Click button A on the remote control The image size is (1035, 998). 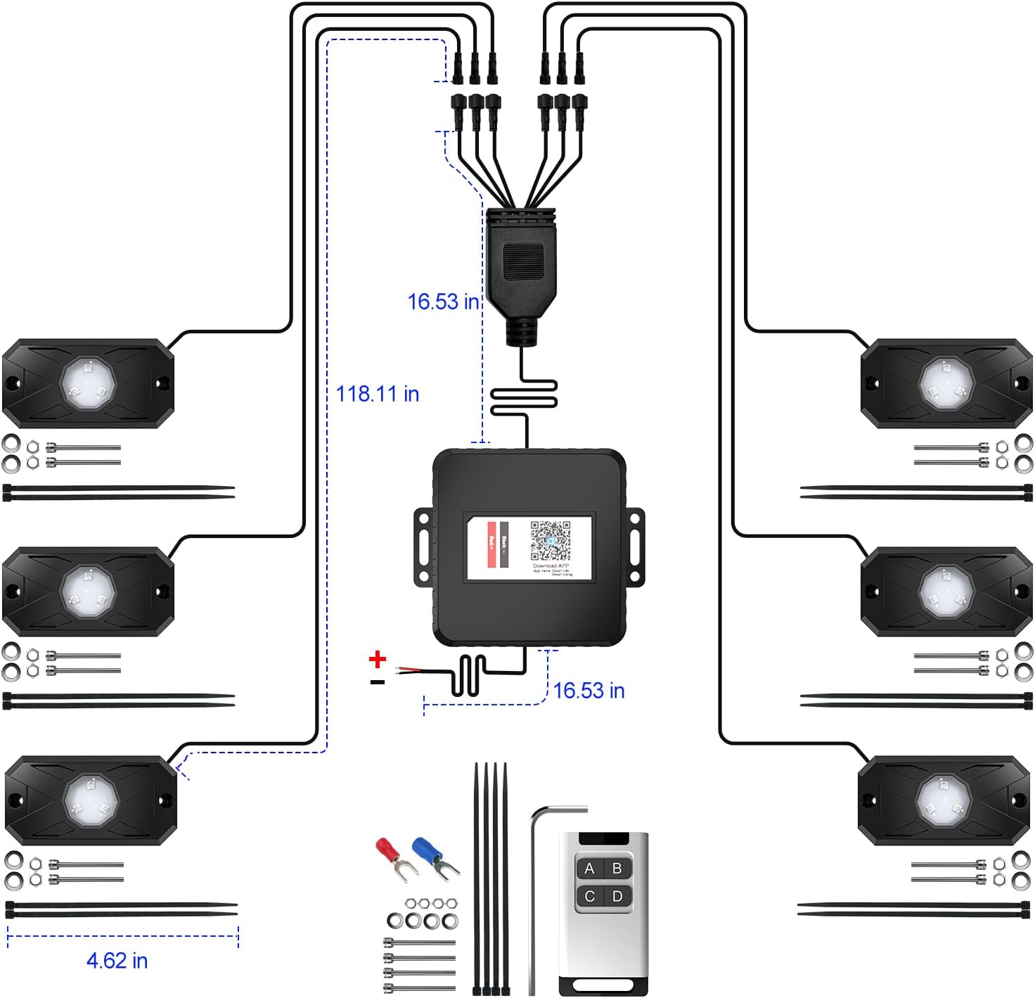tap(589, 869)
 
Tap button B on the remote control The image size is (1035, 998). tap(617, 869)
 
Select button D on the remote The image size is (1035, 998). tap(617, 896)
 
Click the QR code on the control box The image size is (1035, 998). tap(550, 541)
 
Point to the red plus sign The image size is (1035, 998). tap(378, 659)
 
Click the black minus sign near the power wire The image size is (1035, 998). tap(378, 682)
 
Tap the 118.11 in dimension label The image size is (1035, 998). tap(378, 394)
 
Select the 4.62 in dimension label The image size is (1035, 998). tap(117, 961)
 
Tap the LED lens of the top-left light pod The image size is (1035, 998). tap(89, 383)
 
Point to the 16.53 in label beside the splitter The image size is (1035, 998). tap(443, 302)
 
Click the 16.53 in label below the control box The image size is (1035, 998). tap(589, 691)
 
